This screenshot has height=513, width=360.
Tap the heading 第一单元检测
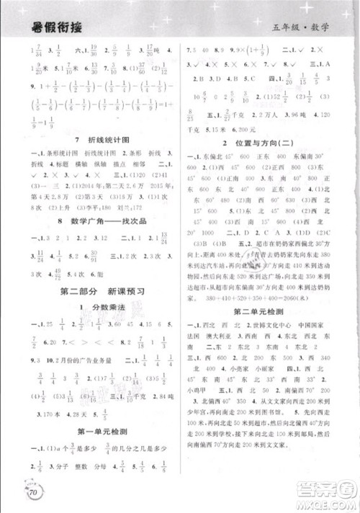point(90,451)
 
